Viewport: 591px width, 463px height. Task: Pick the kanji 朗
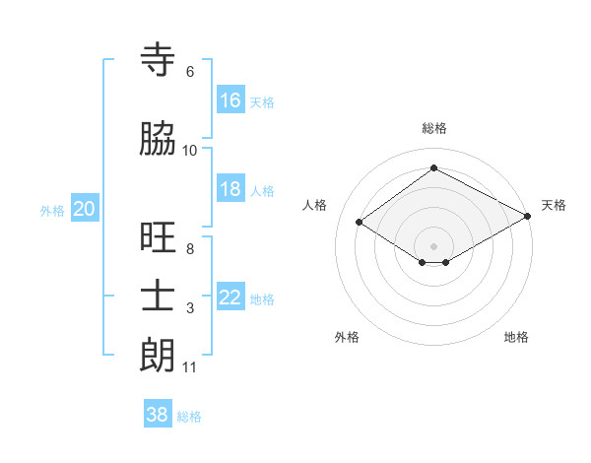[x=159, y=356]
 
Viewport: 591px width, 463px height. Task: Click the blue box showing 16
[x=230, y=99]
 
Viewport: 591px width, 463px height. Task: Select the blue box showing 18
[x=230, y=189]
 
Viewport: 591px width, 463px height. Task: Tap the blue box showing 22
[x=230, y=298]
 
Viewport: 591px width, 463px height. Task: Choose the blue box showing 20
[x=85, y=209]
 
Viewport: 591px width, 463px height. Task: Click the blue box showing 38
[x=158, y=415]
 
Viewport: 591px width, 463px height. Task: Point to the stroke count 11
[x=189, y=367]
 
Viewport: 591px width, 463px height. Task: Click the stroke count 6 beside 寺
[x=189, y=72]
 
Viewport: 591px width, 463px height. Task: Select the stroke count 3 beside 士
[x=189, y=308]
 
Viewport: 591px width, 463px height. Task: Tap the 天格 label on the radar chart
[x=554, y=205]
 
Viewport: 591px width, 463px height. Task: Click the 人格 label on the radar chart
[x=315, y=205]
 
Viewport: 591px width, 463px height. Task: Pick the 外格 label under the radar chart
[x=347, y=337]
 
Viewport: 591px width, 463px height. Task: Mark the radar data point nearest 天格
[x=529, y=215]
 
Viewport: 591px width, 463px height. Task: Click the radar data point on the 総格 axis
[x=433, y=167]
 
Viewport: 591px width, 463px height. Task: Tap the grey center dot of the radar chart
[x=433, y=244]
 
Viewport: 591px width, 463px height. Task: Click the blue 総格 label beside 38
[x=189, y=417]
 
